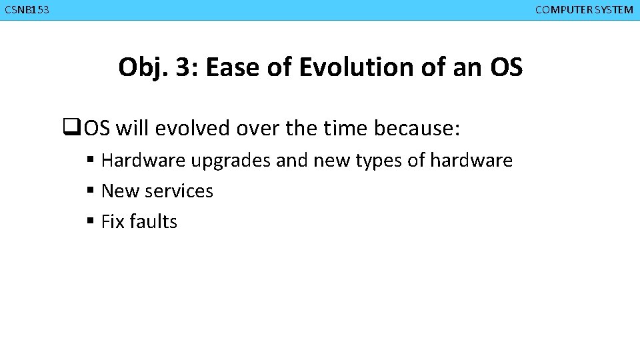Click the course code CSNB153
[x=27, y=10]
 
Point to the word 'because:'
[x=417, y=128]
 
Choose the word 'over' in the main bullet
[x=259, y=128]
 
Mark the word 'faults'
[x=153, y=222]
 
